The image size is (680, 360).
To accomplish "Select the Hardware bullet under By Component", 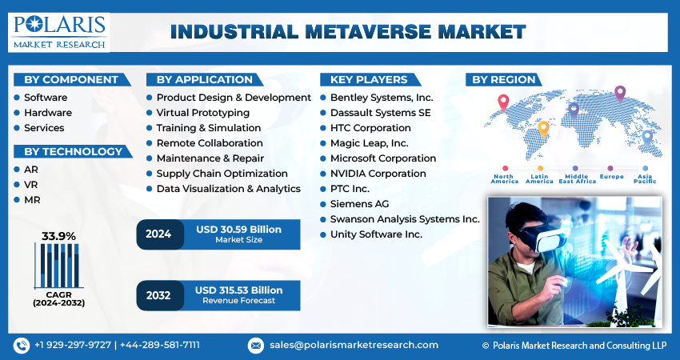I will (x=47, y=113).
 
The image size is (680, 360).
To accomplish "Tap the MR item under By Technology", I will (x=31, y=200).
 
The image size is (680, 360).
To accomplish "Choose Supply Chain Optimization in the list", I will (x=222, y=174).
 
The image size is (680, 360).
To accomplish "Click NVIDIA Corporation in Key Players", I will (x=378, y=174).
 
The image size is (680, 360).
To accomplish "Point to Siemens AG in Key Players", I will (x=361, y=204).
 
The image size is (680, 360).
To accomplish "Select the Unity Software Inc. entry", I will (x=376, y=234).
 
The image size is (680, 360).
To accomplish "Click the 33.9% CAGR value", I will (x=58, y=236).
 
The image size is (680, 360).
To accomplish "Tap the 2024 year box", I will (x=158, y=234).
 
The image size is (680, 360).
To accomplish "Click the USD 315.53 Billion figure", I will (x=238, y=290).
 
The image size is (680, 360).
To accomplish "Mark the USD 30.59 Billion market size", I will (x=238, y=230).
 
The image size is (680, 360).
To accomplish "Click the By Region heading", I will (x=504, y=79).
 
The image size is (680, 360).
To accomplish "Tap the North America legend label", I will (x=505, y=179).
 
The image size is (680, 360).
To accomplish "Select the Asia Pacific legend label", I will (x=645, y=179).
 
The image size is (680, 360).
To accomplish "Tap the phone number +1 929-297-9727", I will (x=73, y=345).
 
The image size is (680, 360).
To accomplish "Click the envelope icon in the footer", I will (x=256, y=346).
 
